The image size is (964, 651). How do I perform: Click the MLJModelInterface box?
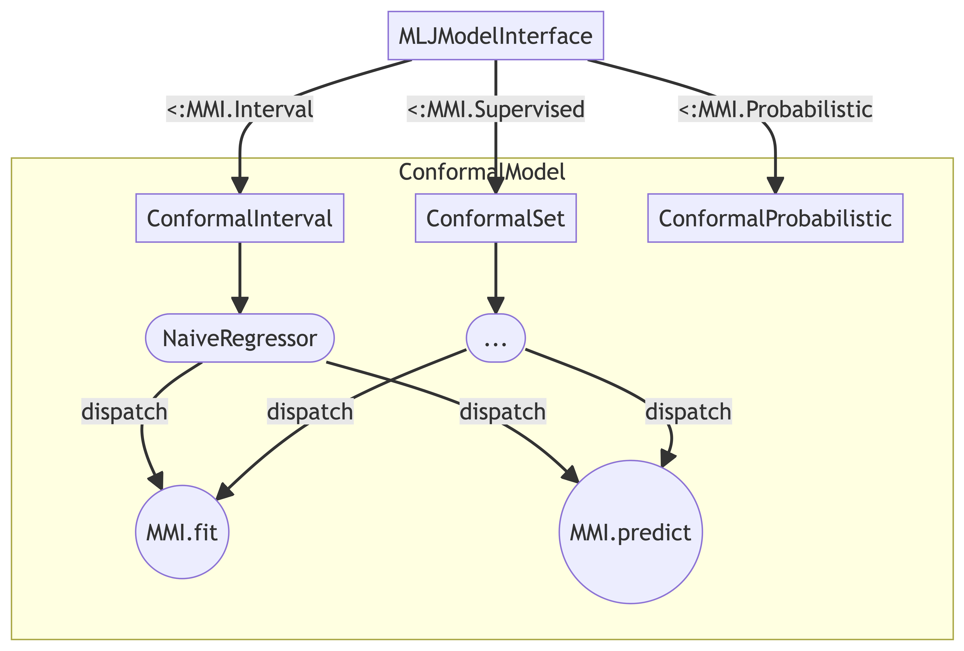[x=496, y=36]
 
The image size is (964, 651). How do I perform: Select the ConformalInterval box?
[x=240, y=218]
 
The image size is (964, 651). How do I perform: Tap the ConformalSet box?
[x=496, y=218]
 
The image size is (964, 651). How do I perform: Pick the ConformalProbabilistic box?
[x=775, y=218]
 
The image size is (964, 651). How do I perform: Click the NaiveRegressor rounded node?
[x=240, y=338]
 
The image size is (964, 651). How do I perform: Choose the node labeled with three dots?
[x=496, y=338]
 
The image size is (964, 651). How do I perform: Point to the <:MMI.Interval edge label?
[x=240, y=109]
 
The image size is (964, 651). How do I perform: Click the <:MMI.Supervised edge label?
[x=496, y=109]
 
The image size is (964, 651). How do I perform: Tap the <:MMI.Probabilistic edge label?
[x=775, y=109]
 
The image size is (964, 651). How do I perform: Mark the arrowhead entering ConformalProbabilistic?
[x=775, y=185]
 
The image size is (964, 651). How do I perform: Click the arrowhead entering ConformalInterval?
[x=240, y=185]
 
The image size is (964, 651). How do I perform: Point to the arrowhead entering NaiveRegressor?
[x=240, y=305]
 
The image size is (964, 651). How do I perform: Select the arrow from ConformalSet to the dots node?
[x=496, y=278]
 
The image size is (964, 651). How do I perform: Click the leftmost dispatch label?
[x=124, y=412]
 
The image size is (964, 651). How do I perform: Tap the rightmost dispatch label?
[x=688, y=412]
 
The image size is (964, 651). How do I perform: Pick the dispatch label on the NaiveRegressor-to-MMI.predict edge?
[x=503, y=412]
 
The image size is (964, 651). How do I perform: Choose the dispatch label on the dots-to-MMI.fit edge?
[x=310, y=412]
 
